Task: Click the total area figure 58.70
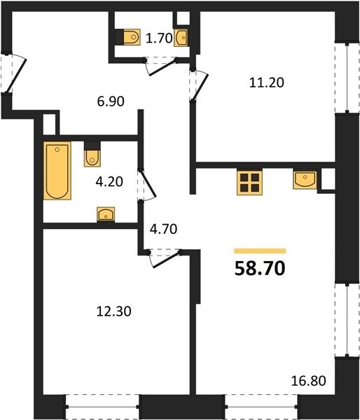[259, 268]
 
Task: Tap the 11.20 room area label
[266, 83]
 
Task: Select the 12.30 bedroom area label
[113, 311]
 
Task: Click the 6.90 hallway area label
[111, 101]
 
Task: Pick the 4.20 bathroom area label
[109, 182]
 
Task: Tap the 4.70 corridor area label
[163, 230]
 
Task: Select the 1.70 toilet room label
[159, 38]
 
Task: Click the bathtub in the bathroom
[57, 171]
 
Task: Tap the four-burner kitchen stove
[249, 183]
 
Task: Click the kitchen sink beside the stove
[305, 180]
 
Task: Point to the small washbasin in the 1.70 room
[181, 38]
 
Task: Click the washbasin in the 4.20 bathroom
[106, 214]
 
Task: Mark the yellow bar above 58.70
[260, 251]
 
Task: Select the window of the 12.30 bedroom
[102, 407]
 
